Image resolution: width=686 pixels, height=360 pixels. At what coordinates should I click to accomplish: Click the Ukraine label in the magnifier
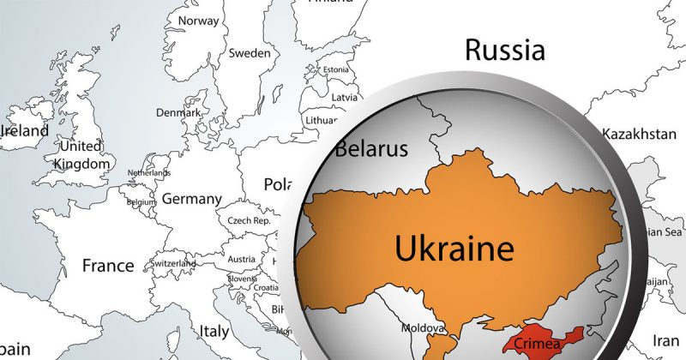point(454,249)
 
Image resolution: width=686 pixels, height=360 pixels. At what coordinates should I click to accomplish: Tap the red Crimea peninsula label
point(538,345)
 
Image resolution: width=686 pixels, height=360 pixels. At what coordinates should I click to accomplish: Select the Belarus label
point(370,149)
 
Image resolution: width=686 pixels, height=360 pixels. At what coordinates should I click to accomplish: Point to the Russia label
point(504,50)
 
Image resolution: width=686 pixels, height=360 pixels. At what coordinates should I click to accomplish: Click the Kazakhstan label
point(639,135)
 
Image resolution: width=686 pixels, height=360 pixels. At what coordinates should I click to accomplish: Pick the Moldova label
point(424,328)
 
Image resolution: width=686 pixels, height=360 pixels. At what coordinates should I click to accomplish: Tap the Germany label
point(191,199)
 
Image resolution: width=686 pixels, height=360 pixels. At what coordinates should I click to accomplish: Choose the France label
point(108,266)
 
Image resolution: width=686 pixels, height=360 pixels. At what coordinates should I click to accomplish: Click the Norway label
point(197,21)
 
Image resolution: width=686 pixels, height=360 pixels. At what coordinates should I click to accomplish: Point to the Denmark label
point(178,112)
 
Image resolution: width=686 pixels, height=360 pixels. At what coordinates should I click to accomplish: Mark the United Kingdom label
point(82,154)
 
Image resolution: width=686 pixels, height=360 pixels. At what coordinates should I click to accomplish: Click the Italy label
point(214,329)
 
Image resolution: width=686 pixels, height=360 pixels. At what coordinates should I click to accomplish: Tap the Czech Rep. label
point(249,220)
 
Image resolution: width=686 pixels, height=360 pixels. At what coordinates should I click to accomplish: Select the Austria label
point(241,260)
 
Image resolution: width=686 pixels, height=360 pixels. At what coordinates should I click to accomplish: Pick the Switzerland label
point(172,263)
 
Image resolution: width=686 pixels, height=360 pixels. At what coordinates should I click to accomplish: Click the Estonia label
point(334,69)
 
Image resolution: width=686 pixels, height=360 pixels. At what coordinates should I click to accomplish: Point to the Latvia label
point(344,97)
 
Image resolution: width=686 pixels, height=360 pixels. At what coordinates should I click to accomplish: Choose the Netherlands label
point(149,173)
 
